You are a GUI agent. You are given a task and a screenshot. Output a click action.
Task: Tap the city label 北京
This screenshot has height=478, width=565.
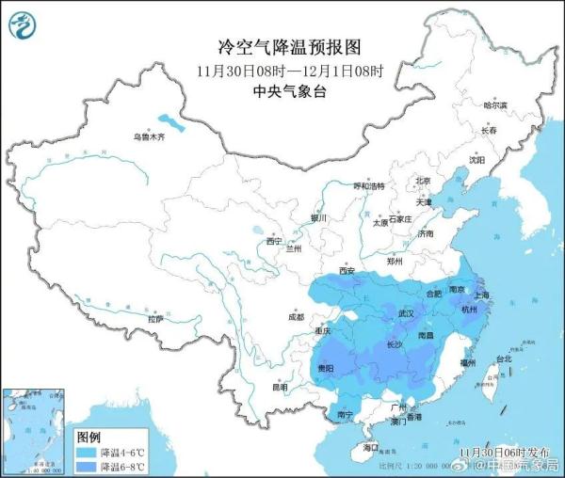pyautogui.click(x=423, y=182)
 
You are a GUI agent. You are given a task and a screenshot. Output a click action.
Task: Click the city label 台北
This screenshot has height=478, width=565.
pyautogui.click(x=503, y=358)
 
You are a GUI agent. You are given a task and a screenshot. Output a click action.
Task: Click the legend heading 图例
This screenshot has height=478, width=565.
pyautogui.click(x=89, y=438)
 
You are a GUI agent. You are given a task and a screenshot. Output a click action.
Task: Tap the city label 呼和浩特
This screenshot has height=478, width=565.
pyautogui.click(x=369, y=186)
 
